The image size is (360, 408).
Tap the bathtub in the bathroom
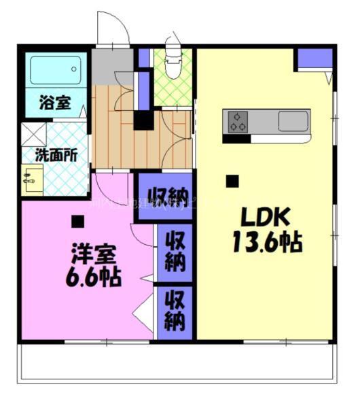coord(55,70)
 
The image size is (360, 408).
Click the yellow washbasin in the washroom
coord(31,180)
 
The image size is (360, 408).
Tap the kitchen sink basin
coord(293,122)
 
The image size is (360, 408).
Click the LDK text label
coord(267,218)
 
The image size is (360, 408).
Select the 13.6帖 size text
coord(267,242)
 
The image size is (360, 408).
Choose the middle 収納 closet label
coord(175,251)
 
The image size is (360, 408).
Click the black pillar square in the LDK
coord(232,182)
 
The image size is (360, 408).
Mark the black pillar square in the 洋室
coord(78,221)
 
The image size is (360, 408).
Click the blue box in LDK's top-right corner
coord(314,58)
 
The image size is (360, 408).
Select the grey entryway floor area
coord(113,66)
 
